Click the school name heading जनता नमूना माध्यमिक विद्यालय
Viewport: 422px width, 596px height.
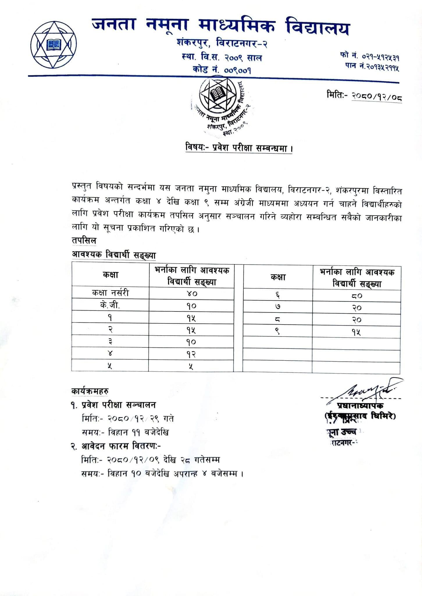tap(221, 26)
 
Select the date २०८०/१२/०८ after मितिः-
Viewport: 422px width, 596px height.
tap(377, 96)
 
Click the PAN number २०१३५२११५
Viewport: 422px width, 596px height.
tap(381, 68)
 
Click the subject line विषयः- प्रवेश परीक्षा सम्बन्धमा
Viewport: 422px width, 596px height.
tap(238, 148)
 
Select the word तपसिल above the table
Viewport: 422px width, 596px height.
tap(84, 241)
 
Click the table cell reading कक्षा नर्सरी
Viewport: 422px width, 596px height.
tap(110, 293)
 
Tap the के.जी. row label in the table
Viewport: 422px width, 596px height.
tap(110, 306)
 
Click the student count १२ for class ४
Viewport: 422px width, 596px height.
tap(191, 354)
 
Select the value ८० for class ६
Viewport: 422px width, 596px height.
tap(357, 296)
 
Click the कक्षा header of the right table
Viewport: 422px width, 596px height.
tap(278, 277)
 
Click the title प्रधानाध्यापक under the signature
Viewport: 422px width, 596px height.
tap(360, 406)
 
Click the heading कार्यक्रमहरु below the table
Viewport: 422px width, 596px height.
tap(90, 391)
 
